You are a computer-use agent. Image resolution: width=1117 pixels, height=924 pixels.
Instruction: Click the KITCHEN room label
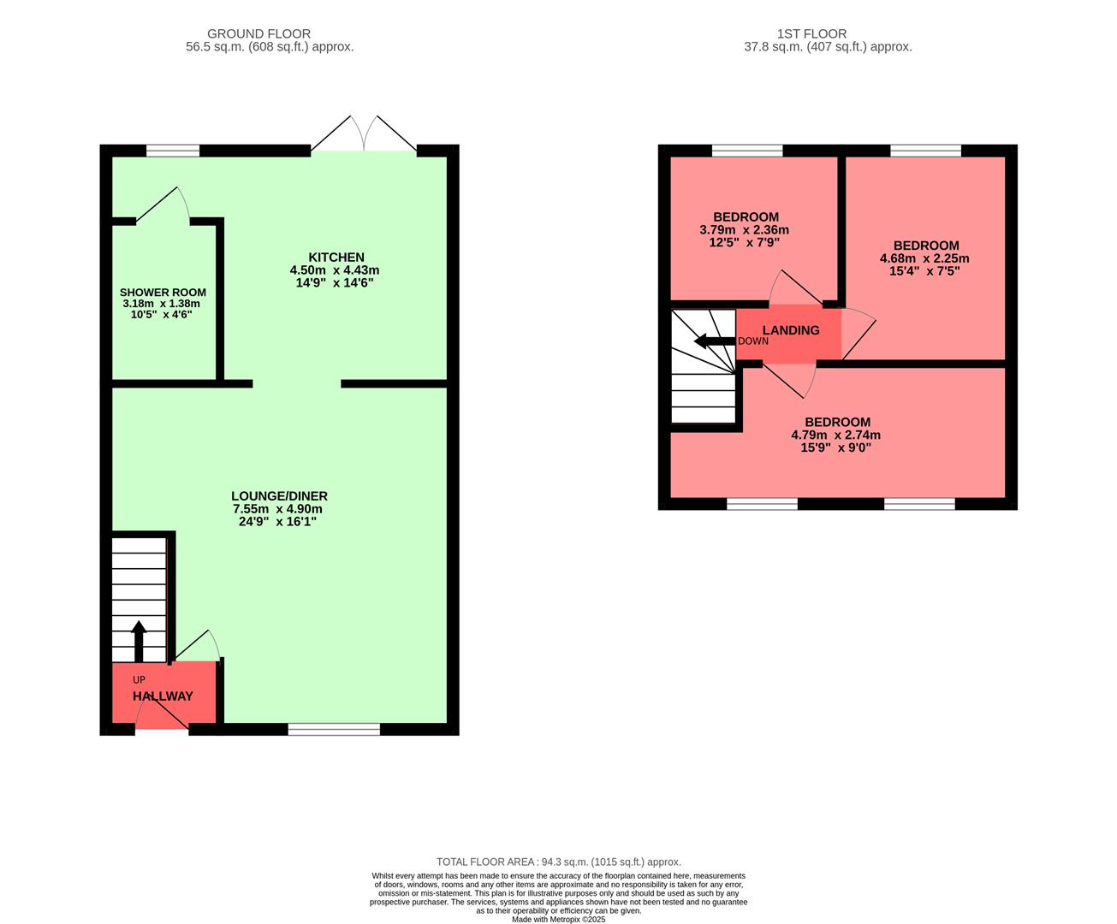[336, 258]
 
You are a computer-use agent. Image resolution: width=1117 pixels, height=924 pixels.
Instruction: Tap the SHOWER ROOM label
[163, 293]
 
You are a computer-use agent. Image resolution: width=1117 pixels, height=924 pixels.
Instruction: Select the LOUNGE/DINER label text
[279, 496]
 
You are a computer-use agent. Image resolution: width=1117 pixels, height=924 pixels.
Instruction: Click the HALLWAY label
[163, 696]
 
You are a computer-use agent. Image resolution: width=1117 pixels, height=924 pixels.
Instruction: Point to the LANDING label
[790, 330]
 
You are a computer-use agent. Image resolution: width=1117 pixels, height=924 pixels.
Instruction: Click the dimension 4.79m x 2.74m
[835, 435]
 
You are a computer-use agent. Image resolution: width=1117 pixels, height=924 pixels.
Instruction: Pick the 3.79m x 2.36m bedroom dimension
[744, 230]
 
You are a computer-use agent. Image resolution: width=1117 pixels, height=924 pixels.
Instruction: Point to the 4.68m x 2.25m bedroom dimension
[924, 258]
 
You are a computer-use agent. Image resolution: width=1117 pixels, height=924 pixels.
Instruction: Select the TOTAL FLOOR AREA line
[558, 862]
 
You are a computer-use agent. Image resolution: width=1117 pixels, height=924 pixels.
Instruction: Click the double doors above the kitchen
[365, 135]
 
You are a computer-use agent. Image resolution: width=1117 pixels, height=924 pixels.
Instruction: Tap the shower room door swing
[163, 205]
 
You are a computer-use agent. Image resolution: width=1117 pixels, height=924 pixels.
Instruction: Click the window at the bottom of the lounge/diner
[334, 729]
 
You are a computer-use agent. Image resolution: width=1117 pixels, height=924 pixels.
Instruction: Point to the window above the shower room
[173, 151]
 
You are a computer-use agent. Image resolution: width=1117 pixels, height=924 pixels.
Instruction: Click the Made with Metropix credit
[558, 920]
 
